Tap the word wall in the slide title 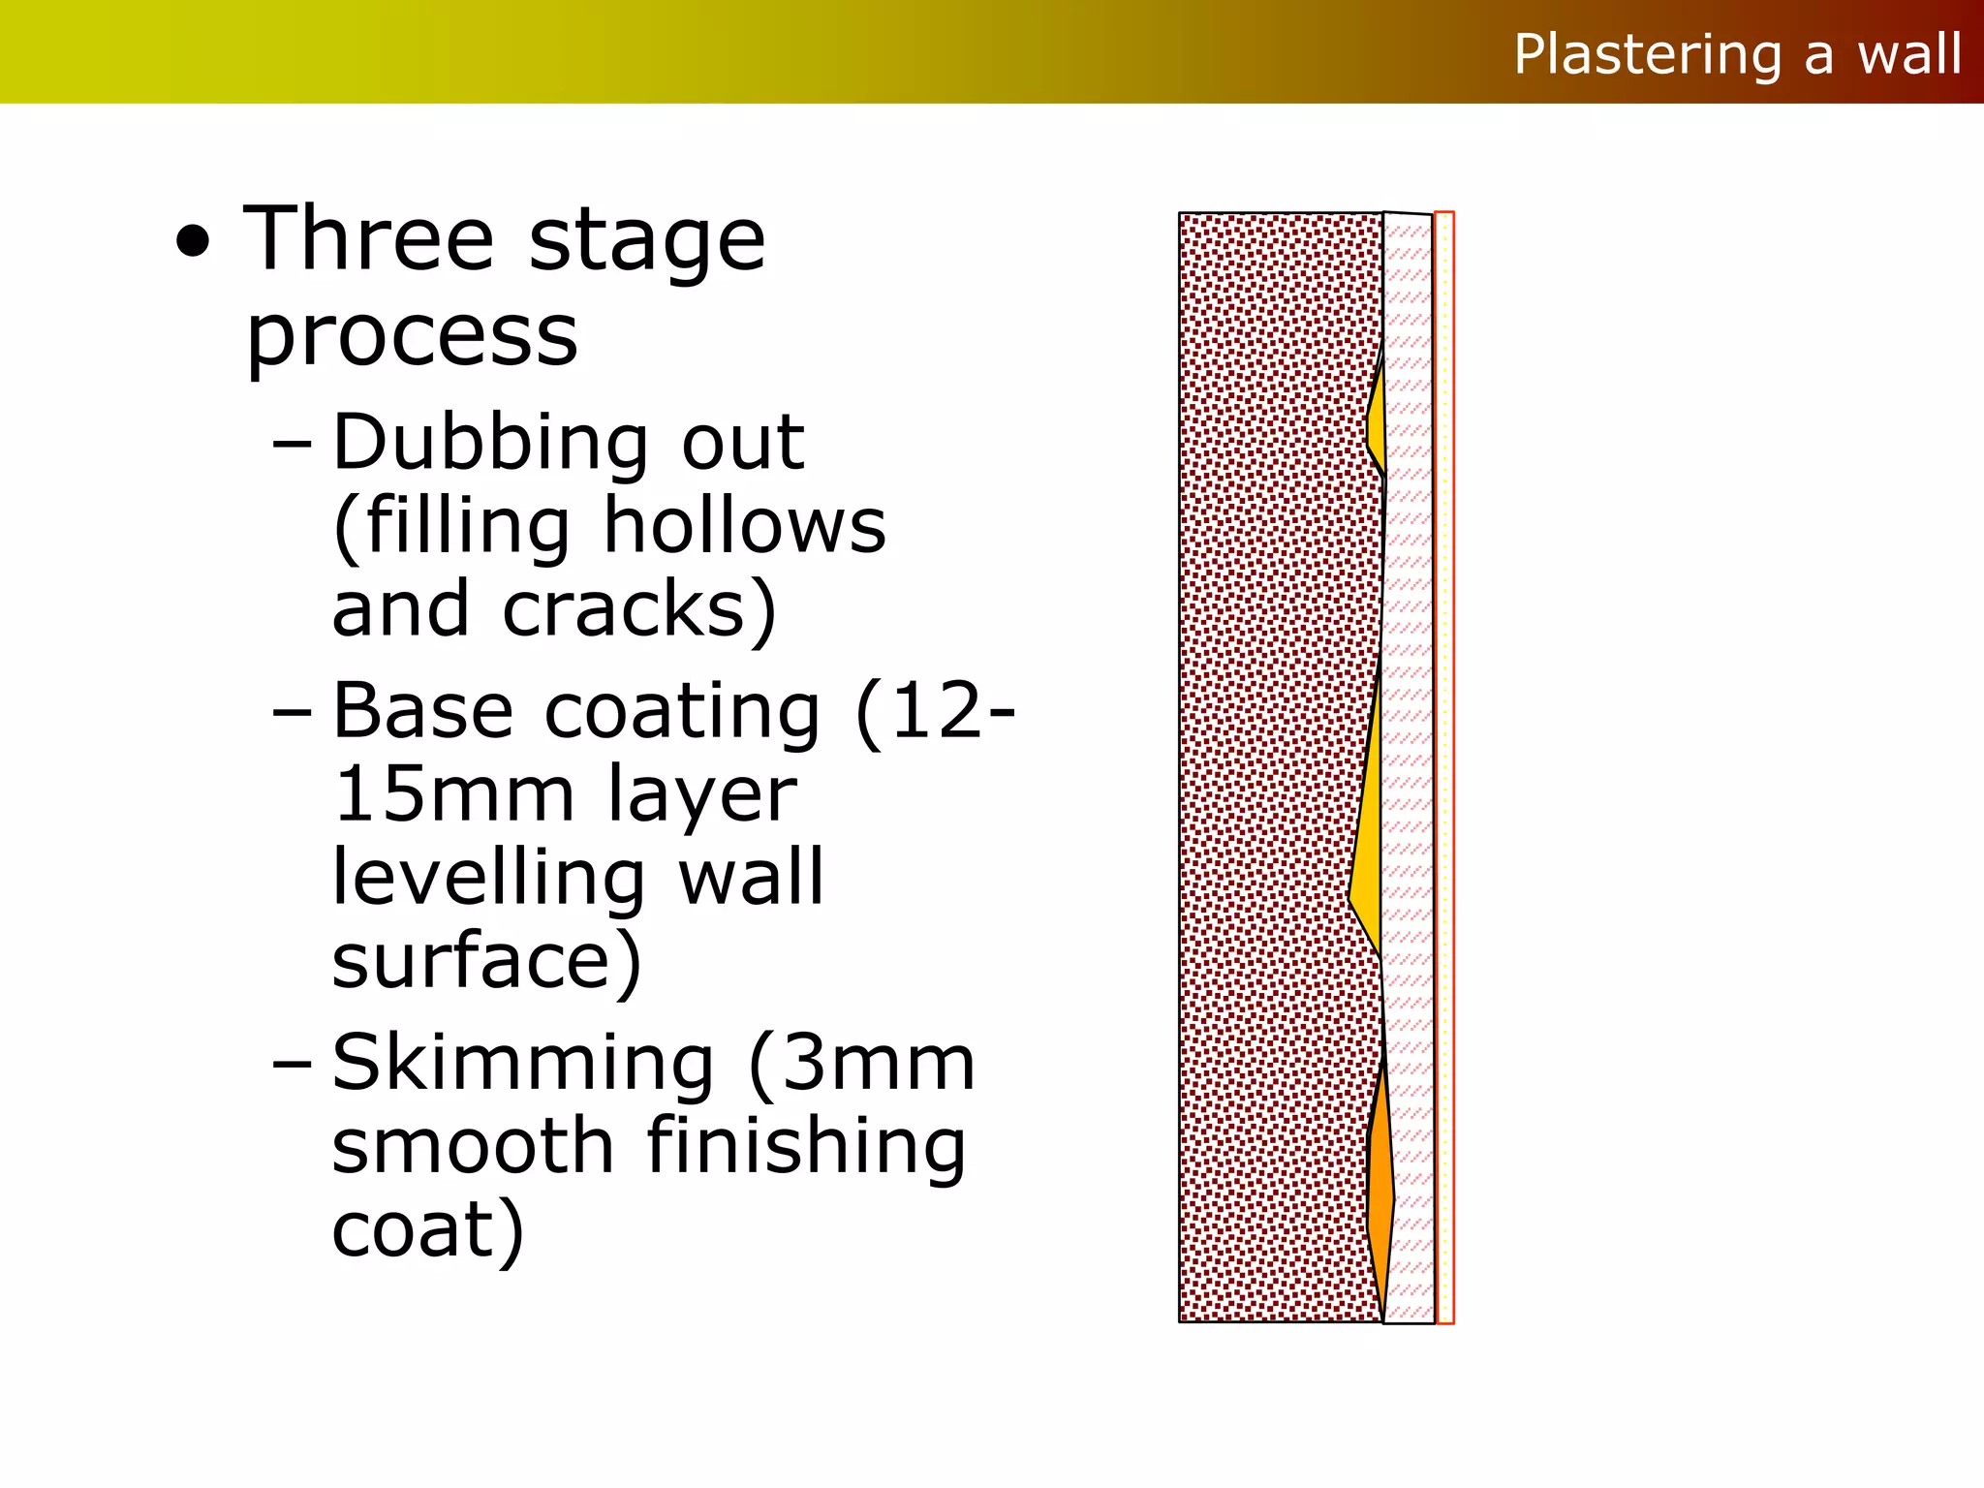(1909, 54)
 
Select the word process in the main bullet (412, 337)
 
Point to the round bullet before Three (194, 243)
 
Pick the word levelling (489, 878)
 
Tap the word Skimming (523, 1063)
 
